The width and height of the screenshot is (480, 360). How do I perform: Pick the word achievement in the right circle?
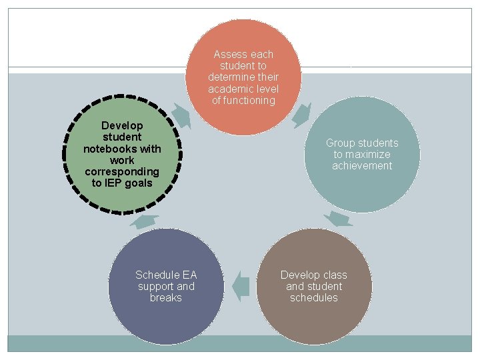point(362,165)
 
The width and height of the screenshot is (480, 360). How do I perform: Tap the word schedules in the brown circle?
point(314,297)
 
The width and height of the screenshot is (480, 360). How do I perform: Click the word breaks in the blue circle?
point(166,297)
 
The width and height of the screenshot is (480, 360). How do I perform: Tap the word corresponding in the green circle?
point(122,171)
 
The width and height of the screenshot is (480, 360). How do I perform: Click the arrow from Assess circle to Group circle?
point(301,114)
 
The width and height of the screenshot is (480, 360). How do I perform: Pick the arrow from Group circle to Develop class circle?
point(339,219)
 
